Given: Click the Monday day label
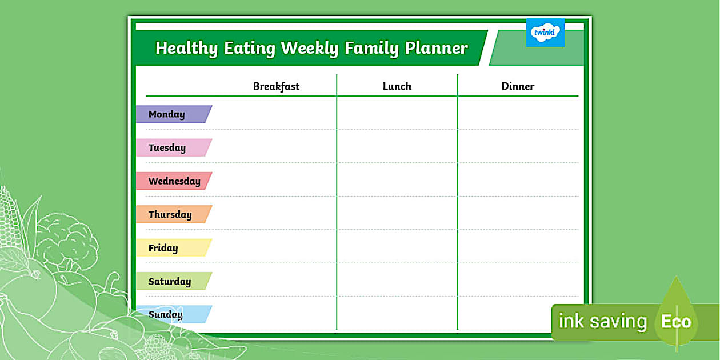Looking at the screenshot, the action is coord(174,114).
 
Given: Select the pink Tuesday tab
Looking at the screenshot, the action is coord(174,147).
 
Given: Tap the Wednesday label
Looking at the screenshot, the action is coord(174,181).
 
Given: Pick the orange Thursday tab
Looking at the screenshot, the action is coord(174,214).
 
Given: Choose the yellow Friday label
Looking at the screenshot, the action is coord(174,248).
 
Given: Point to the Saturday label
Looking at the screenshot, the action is coord(174,281).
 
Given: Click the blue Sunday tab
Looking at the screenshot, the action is coord(174,314).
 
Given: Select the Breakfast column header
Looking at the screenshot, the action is coord(276,86).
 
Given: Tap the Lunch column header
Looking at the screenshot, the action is coord(397,86).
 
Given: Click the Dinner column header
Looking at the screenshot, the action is coord(518,86).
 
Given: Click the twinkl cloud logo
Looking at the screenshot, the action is coord(545,33).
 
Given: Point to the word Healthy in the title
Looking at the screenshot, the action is coord(187,48).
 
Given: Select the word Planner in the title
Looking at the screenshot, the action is coord(436,47).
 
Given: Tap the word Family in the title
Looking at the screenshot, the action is coord(371,48).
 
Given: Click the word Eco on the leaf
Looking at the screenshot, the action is coord(676,321).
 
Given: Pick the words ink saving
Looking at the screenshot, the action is coord(603,321).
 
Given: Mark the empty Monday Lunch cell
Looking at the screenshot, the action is coord(397,113).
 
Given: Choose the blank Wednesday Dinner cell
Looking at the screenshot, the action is coord(518,179).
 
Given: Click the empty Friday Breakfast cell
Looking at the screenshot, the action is coord(273,246).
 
